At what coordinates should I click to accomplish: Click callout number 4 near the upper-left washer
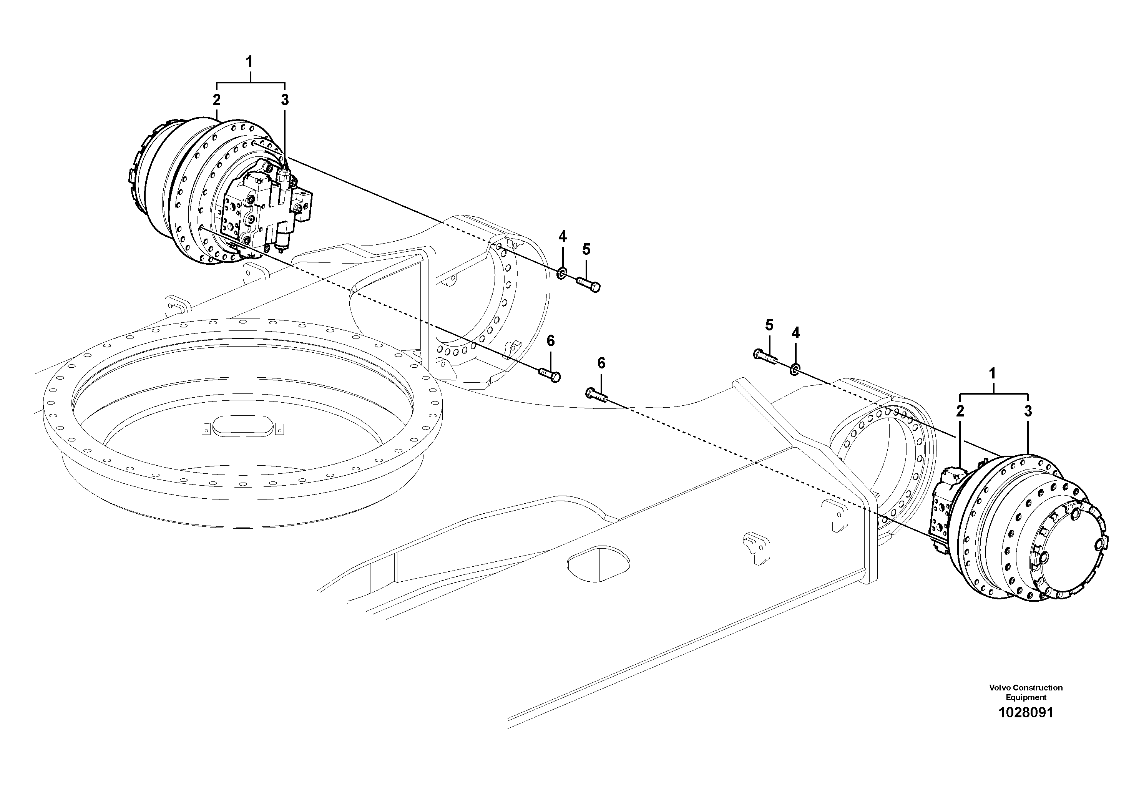point(562,236)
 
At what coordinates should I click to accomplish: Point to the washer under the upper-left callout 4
point(561,273)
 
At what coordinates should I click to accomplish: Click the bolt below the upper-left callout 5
point(589,284)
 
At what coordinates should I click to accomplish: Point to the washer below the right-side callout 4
point(795,369)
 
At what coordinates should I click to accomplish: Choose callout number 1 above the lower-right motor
point(992,373)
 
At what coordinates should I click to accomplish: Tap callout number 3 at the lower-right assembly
point(1028,411)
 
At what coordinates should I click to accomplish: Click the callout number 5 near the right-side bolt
point(769,326)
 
